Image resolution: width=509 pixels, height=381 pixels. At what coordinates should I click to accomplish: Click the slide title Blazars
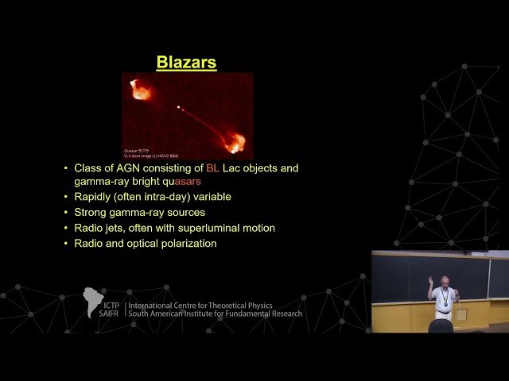click(186, 62)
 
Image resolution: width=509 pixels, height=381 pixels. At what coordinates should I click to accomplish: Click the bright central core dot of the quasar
click(178, 107)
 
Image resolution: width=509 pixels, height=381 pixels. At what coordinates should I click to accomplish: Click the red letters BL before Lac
click(212, 168)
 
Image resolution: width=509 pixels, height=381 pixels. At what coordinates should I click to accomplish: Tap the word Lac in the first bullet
click(231, 168)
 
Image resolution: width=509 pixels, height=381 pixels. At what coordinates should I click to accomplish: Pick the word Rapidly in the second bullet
click(94, 197)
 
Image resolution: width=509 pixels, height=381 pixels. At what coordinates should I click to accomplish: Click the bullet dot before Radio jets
click(65, 228)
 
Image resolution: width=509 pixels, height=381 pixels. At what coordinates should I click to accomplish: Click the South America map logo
click(93, 302)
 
